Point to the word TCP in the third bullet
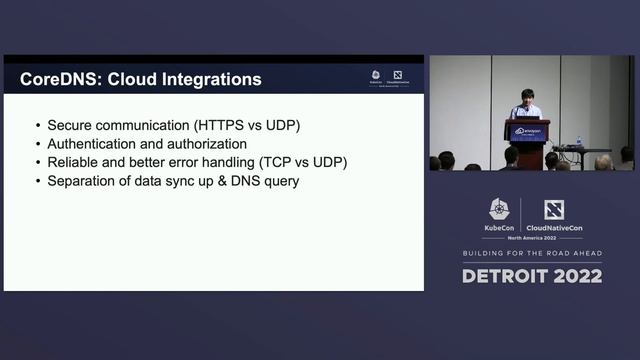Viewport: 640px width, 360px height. (270, 162)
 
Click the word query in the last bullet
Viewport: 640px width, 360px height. (280, 181)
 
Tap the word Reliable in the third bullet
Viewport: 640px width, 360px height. (73, 162)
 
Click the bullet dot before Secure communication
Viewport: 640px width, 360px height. (37, 126)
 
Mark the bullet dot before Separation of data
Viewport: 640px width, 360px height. (37, 181)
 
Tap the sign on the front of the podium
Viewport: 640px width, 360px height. (527, 131)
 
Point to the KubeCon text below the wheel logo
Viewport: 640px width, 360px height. (500, 227)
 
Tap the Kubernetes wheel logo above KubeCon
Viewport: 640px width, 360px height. (500, 208)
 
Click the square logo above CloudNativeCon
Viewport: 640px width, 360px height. (553, 209)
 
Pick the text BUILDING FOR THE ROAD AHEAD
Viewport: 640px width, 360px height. (532, 254)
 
